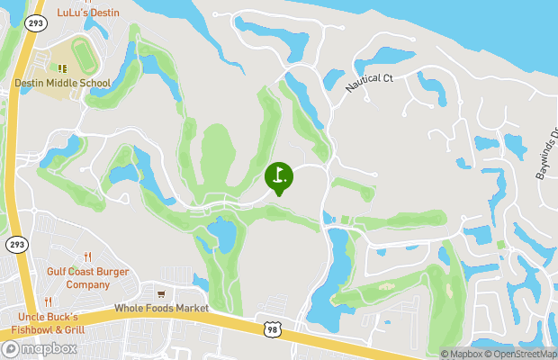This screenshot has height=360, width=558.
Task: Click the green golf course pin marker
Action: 279,177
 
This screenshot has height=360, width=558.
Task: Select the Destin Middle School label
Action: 62,84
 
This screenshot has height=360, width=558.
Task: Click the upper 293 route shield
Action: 36,22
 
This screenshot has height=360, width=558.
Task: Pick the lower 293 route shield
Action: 17,244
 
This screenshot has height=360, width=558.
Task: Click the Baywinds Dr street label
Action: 547,154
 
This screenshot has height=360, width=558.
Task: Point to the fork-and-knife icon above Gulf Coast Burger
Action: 87,256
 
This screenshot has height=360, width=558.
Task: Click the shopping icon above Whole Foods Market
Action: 160,293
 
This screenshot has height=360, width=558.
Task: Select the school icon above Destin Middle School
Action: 62,68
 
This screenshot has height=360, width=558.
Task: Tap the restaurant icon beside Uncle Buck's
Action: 49,302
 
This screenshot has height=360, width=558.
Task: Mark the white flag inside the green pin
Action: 279,175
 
